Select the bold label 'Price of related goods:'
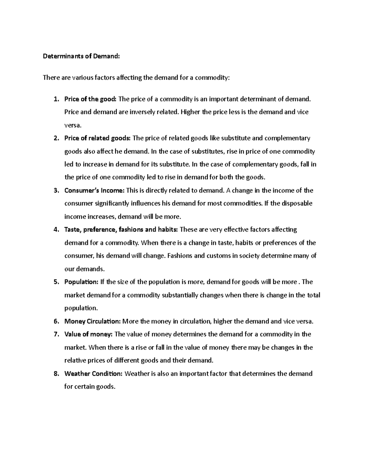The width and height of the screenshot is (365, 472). coord(97,138)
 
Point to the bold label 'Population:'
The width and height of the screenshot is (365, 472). coord(81,282)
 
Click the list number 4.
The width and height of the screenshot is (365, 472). coord(55,230)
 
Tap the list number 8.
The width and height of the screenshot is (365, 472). coord(55,374)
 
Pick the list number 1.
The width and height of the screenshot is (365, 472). coord(55,99)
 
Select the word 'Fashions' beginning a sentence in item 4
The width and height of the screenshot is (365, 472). coord(180,256)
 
